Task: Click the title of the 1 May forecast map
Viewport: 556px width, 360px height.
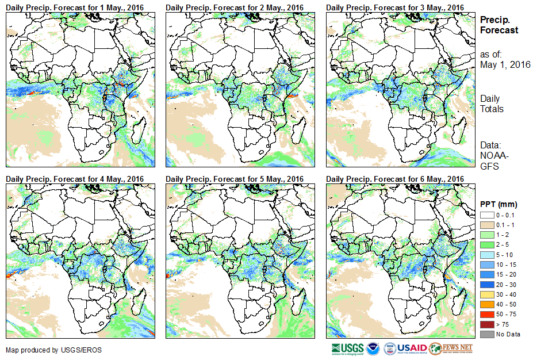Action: point(75,7)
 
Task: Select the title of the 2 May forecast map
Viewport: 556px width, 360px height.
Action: point(235,7)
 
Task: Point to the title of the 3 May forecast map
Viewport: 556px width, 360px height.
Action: point(395,7)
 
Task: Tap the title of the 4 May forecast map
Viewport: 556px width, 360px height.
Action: point(75,179)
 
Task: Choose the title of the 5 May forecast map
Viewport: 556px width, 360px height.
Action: point(235,179)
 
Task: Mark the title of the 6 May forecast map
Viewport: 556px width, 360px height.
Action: point(395,179)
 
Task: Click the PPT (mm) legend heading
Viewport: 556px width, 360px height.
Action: point(499,204)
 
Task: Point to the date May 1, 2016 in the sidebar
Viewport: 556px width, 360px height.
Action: point(505,64)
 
